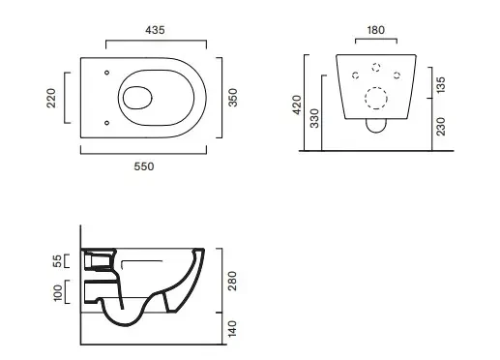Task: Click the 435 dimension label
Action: (x=155, y=30)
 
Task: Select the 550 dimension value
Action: (x=144, y=166)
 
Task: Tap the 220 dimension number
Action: (x=51, y=98)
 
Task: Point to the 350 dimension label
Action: (x=232, y=98)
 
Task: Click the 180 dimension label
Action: (x=376, y=30)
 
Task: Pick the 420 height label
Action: (x=297, y=105)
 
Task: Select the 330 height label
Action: (x=314, y=118)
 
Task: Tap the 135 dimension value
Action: (x=440, y=85)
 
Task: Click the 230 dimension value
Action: (x=440, y=127)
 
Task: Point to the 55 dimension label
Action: (x=57, y=261)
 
